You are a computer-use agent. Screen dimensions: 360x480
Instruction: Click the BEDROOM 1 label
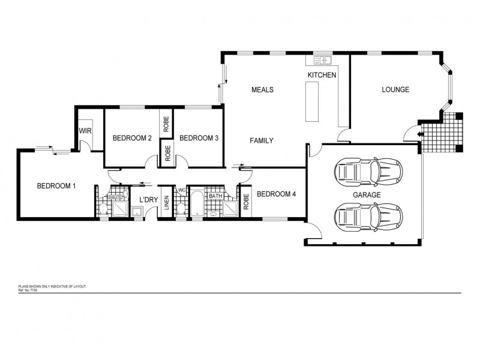coord(56,186)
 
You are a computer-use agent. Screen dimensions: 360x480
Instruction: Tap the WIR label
coord(85,130)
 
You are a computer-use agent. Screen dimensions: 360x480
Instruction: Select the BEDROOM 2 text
coord(131,139)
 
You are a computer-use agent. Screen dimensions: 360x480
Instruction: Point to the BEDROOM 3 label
coord(199,139)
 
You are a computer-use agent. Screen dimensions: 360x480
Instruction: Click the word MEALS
coord(262,90)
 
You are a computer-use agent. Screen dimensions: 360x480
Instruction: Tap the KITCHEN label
coord(322,75)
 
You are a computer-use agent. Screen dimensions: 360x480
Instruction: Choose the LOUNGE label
coord(395,90)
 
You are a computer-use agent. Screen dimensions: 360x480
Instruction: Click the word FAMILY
coord(262,141)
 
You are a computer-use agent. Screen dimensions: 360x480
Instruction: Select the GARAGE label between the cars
coord(367,196)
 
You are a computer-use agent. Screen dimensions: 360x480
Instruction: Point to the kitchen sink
coord(323,60)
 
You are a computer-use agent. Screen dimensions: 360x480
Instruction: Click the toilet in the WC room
coord(181,208)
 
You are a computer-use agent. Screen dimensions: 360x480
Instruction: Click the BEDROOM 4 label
coord(276,194)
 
